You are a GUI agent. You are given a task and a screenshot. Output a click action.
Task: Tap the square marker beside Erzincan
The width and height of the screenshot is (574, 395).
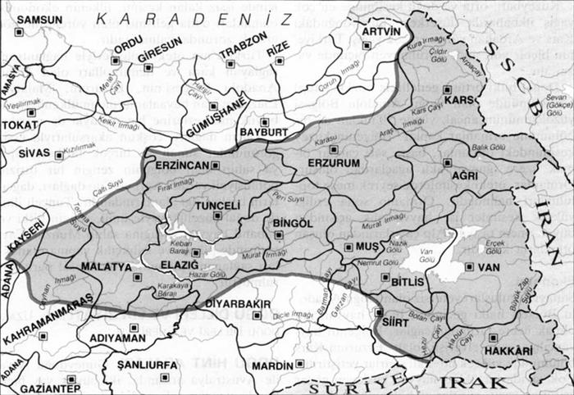tap(215, 165)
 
